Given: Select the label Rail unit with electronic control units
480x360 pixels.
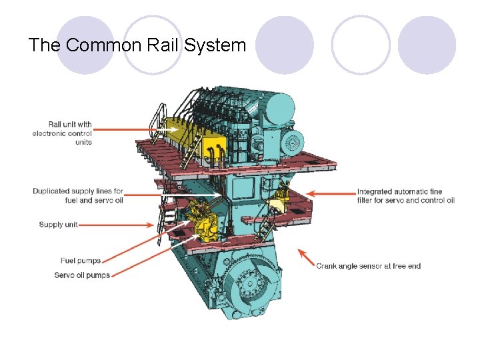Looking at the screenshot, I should [63, 133].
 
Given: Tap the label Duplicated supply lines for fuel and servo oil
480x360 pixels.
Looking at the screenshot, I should [78, 196].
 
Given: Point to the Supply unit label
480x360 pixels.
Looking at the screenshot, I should [58, 225].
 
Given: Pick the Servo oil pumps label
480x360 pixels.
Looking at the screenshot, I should [82, 275].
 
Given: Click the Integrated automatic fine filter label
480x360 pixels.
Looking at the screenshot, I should [405, 196].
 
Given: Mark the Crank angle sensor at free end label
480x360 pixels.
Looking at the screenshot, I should [368, 266].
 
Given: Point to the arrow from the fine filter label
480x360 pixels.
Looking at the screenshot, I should [333, 194].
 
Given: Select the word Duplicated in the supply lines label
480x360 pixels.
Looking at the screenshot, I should [50, 191].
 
